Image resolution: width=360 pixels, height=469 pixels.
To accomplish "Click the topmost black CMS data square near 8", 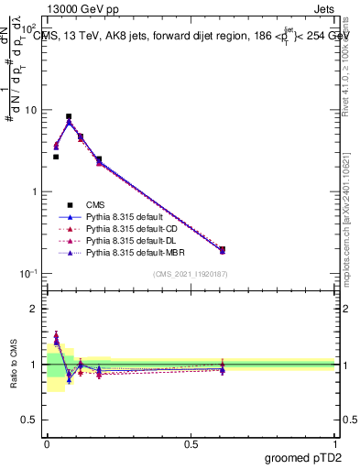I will coord(69,117).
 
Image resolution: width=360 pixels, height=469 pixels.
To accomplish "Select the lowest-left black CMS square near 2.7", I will coord(56,157).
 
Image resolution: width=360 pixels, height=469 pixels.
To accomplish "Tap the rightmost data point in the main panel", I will coord(223,249).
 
